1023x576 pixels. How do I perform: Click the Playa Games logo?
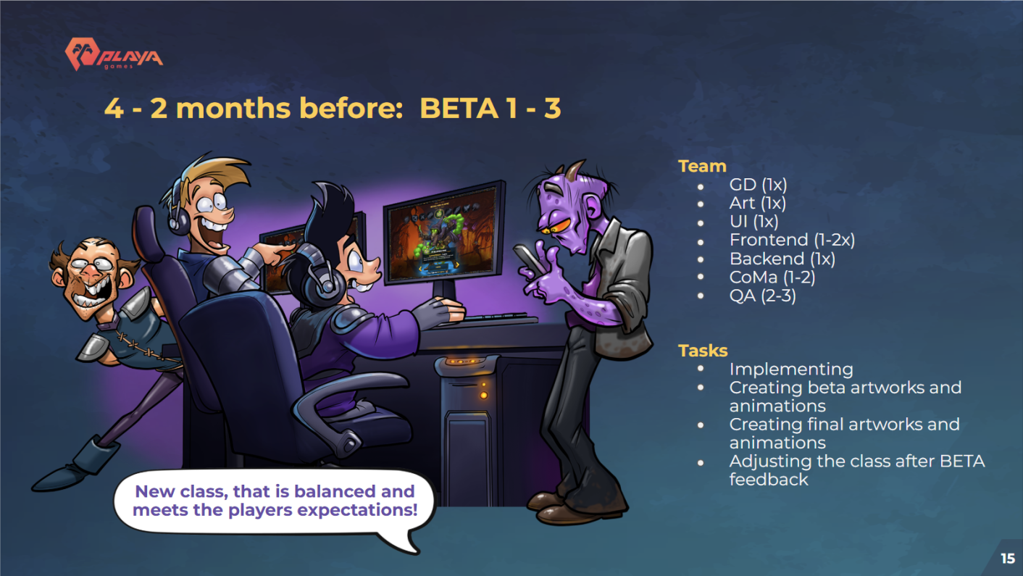[114, 54]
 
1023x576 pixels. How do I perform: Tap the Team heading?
[702, 166]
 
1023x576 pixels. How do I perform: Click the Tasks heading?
[703, 351]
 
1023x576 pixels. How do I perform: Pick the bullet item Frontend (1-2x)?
[792, 240]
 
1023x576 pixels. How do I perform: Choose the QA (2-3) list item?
[763, 296]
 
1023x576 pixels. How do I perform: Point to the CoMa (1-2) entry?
[772, 277]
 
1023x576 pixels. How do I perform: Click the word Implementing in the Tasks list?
[791, 369]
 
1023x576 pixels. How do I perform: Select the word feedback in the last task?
[769, 480]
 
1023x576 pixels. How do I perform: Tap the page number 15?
[1008, 559]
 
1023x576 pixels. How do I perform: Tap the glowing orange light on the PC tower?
[483, 396]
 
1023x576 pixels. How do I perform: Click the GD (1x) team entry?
[758, 185]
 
